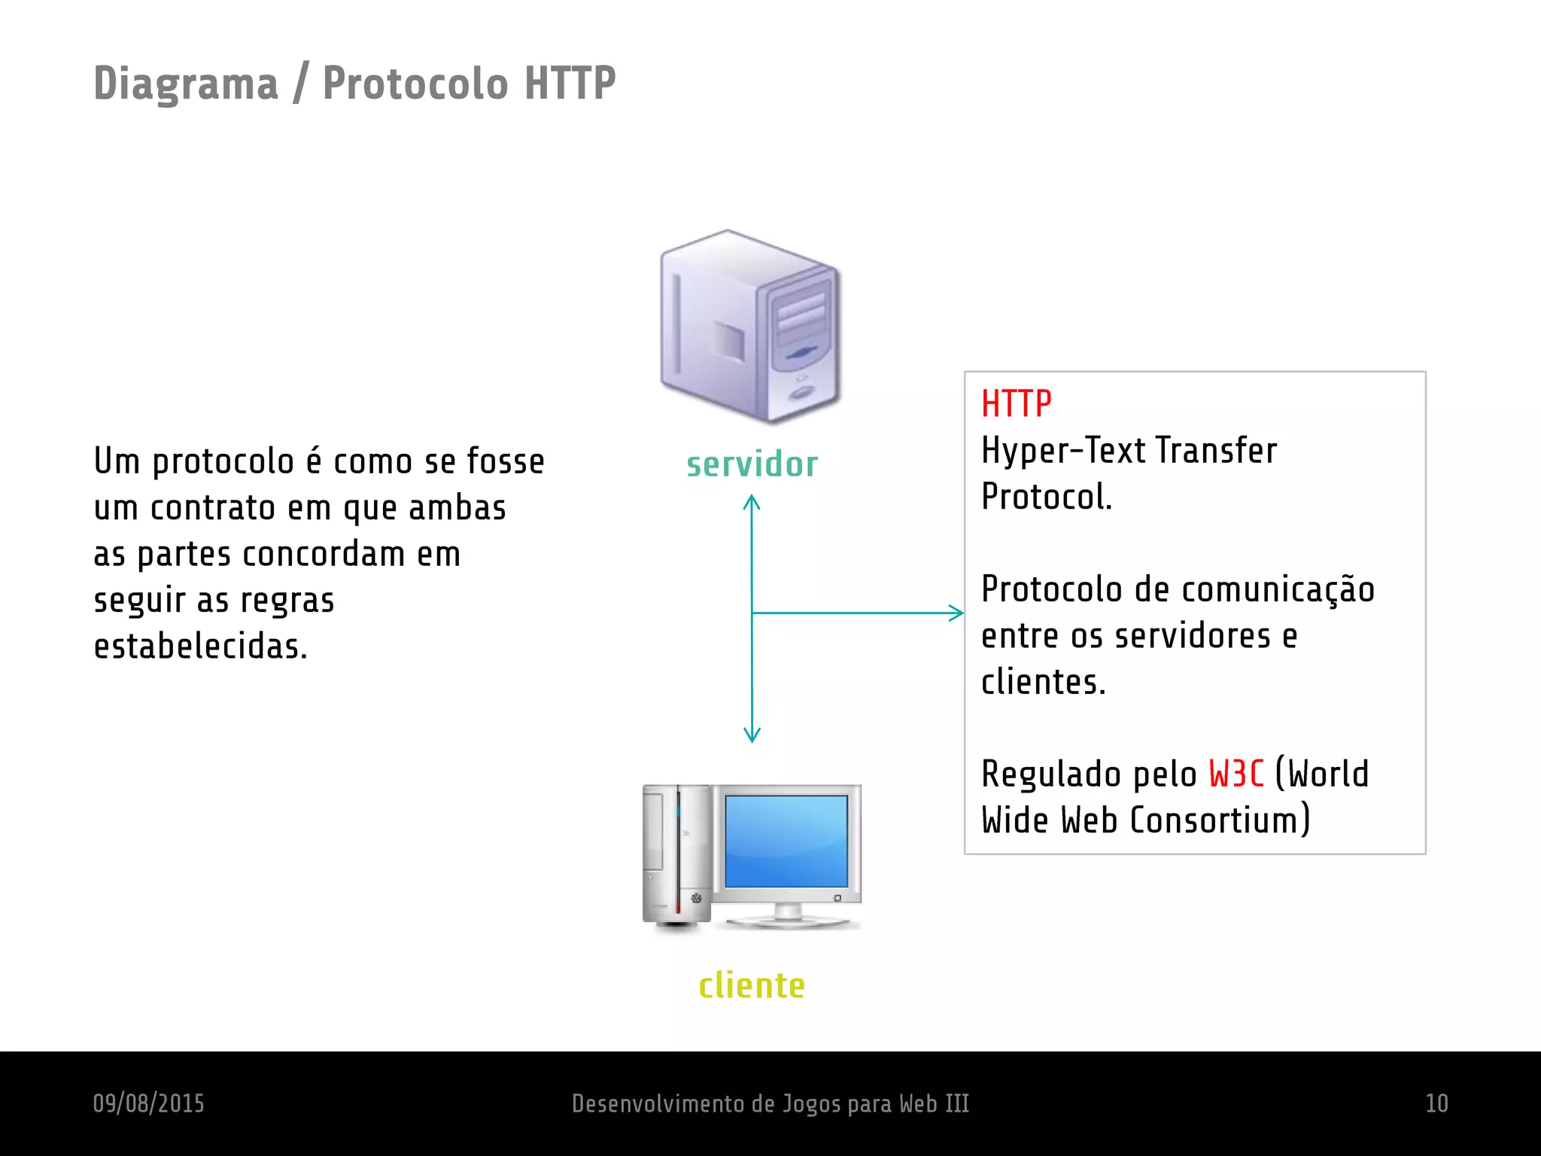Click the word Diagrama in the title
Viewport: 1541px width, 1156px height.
185,84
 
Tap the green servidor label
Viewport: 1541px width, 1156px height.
752,464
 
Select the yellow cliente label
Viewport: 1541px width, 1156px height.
752,985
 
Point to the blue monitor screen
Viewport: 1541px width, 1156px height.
786,841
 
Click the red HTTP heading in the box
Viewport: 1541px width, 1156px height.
1016,404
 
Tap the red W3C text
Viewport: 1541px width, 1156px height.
1236,774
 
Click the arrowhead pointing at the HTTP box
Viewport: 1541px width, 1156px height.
958,613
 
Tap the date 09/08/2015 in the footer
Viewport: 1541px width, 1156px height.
148,1103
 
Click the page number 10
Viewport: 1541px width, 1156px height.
1436,1103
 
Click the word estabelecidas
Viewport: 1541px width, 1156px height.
200,646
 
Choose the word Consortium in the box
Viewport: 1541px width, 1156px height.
1220,820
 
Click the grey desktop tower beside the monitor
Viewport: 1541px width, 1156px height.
676,856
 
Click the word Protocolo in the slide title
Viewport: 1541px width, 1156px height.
415,84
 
